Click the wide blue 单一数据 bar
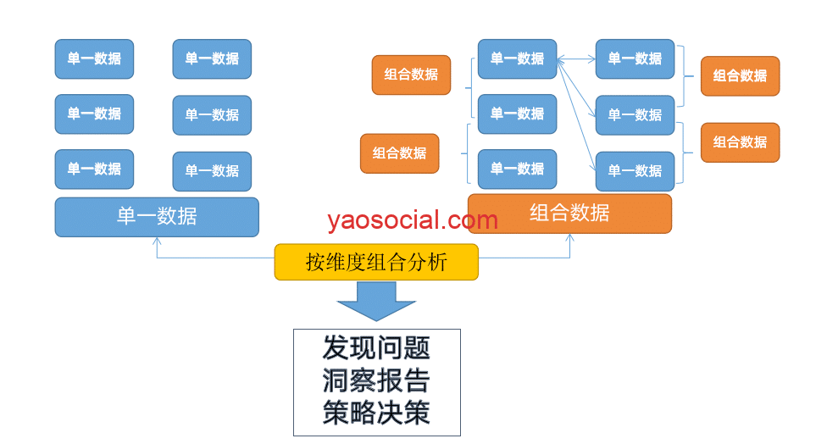(157, 217)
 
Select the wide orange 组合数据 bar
(569, 214)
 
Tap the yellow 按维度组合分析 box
(376, 263)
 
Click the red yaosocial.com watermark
(413, 221)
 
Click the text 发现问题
(376, 347)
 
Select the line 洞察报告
(376, 380)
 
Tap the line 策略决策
(376, 412)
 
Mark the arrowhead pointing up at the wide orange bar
(569, 238)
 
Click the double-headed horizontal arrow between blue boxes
(576, 59)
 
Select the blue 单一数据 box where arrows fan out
(517, 59)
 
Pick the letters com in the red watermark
(475, 221)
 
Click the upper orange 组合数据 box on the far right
(740, 76)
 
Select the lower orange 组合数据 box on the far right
(740, 142)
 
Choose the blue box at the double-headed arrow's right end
(635, 59)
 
